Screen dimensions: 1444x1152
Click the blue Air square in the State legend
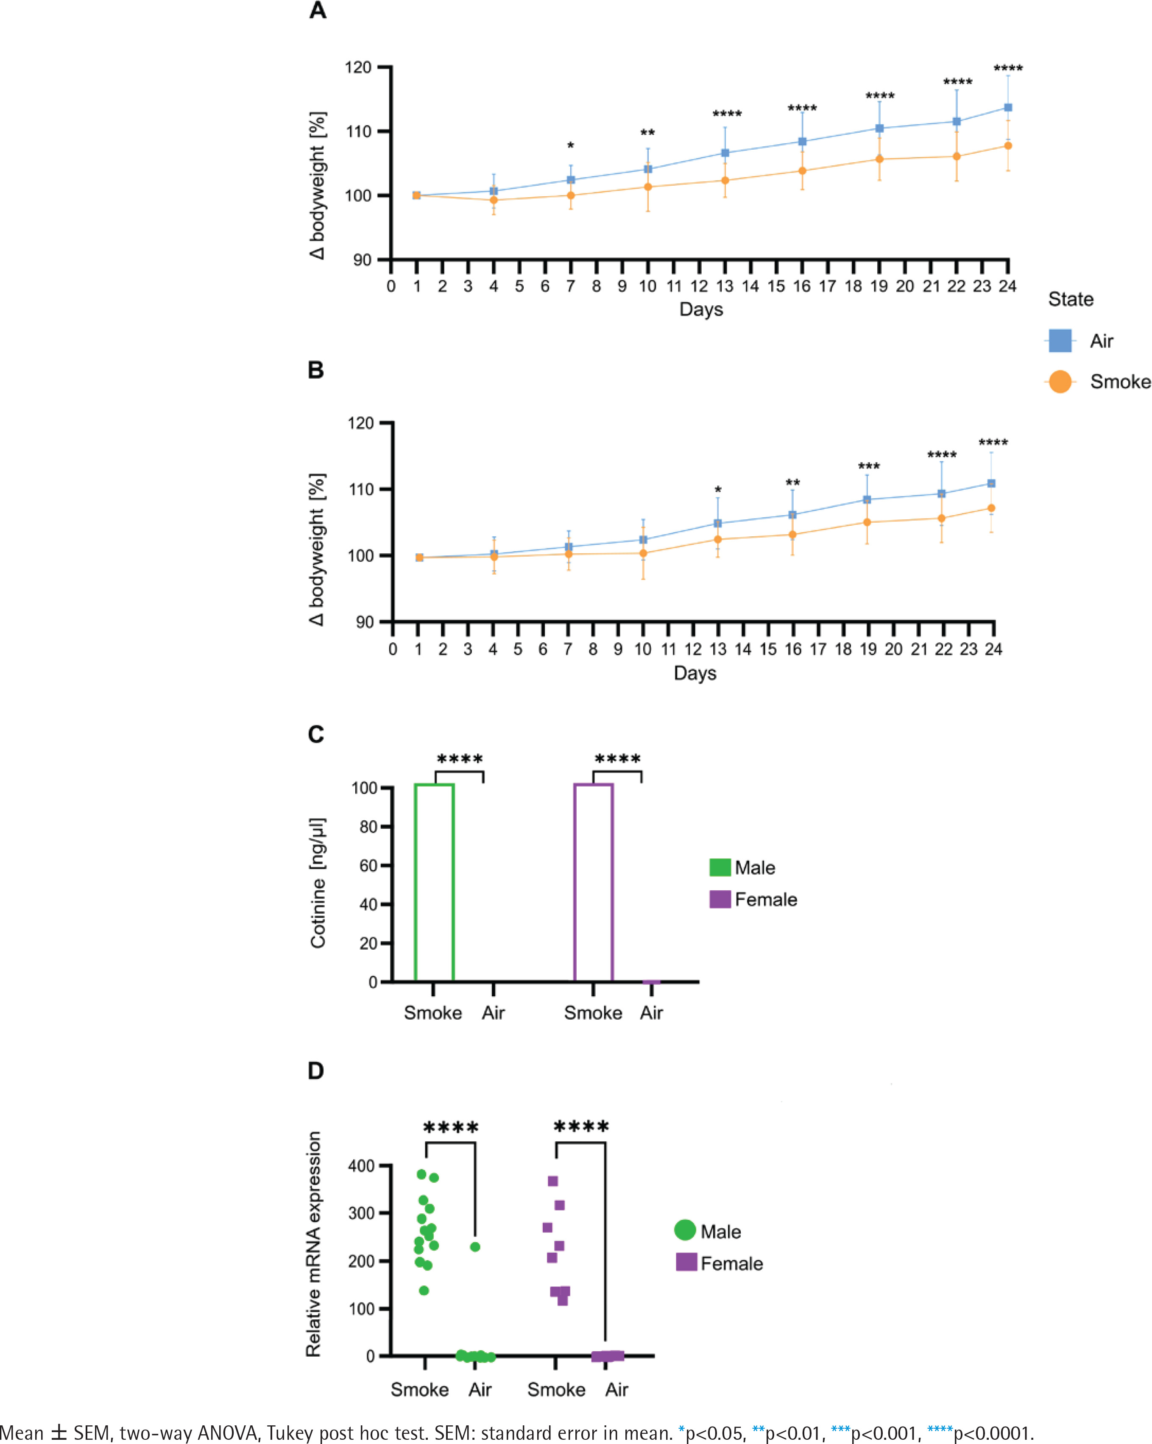click(x=1060, y=341)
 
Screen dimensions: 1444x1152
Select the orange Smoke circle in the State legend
click(x=1060, y=382)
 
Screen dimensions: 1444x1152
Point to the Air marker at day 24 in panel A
click(x=1007, y=108)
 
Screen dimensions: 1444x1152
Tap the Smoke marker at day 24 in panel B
click(x=991, y=508)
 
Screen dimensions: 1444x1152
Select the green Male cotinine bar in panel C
click(x=434, y=882)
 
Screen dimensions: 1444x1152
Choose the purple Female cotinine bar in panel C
click(x=594, y=882)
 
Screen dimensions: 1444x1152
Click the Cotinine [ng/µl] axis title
click(x=318, y=883)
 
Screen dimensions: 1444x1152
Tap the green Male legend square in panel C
click(x=720, y=867)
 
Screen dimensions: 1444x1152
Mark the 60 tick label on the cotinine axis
click(x=368, y=865)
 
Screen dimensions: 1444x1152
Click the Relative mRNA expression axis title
click(x=313, y=1244)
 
